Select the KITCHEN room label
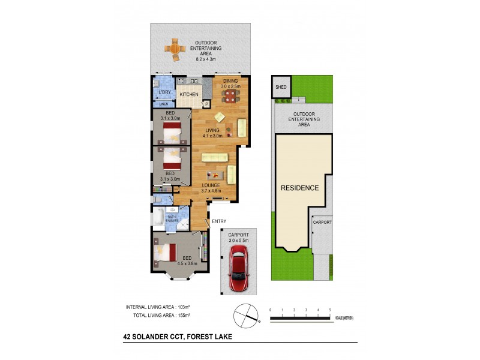(x=190, y=95)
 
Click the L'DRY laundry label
(x=164, y=92)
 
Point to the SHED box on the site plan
(x=281, y=87)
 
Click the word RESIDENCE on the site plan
(x=299, y=188)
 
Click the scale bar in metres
(x=300, y=317)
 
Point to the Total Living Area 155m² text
(x=161, y=315)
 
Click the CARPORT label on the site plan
(x=322, y=221)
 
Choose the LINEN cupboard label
(x=163, y=104)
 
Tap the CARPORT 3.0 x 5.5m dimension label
(x=238, y=238)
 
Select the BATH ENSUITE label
(x=172, y=219)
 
